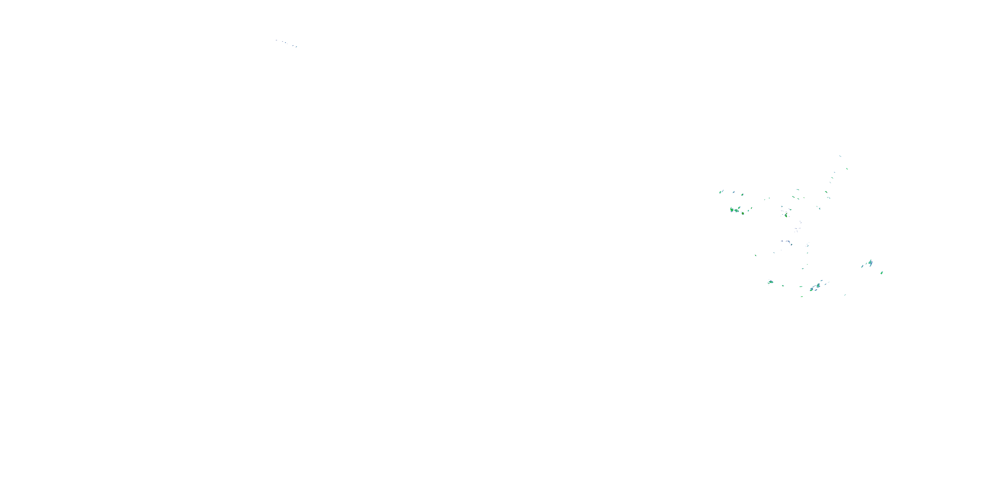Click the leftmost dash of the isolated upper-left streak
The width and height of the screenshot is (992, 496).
coord(276,40)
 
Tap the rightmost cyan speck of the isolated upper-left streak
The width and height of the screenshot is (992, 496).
coord(296,47)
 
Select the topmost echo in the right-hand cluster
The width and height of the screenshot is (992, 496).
coord(840,156)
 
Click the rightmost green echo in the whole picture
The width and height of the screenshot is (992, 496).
coord(882,273)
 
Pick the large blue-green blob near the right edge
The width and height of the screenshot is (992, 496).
coord(870,263)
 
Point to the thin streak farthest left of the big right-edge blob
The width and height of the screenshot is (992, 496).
coord(862,266)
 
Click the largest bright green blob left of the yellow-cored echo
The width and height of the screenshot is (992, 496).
coord(732,210)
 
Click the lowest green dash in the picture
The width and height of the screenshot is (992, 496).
coord(802,297)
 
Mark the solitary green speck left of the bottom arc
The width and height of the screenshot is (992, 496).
coord(756,255)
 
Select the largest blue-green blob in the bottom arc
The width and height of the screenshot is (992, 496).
coord(818,285)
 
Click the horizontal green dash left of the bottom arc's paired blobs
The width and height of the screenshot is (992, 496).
coord(801,286)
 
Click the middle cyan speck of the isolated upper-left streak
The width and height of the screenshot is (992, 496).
coord(285,42)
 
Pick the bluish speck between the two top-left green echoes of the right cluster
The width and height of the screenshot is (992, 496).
coord(734,192)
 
